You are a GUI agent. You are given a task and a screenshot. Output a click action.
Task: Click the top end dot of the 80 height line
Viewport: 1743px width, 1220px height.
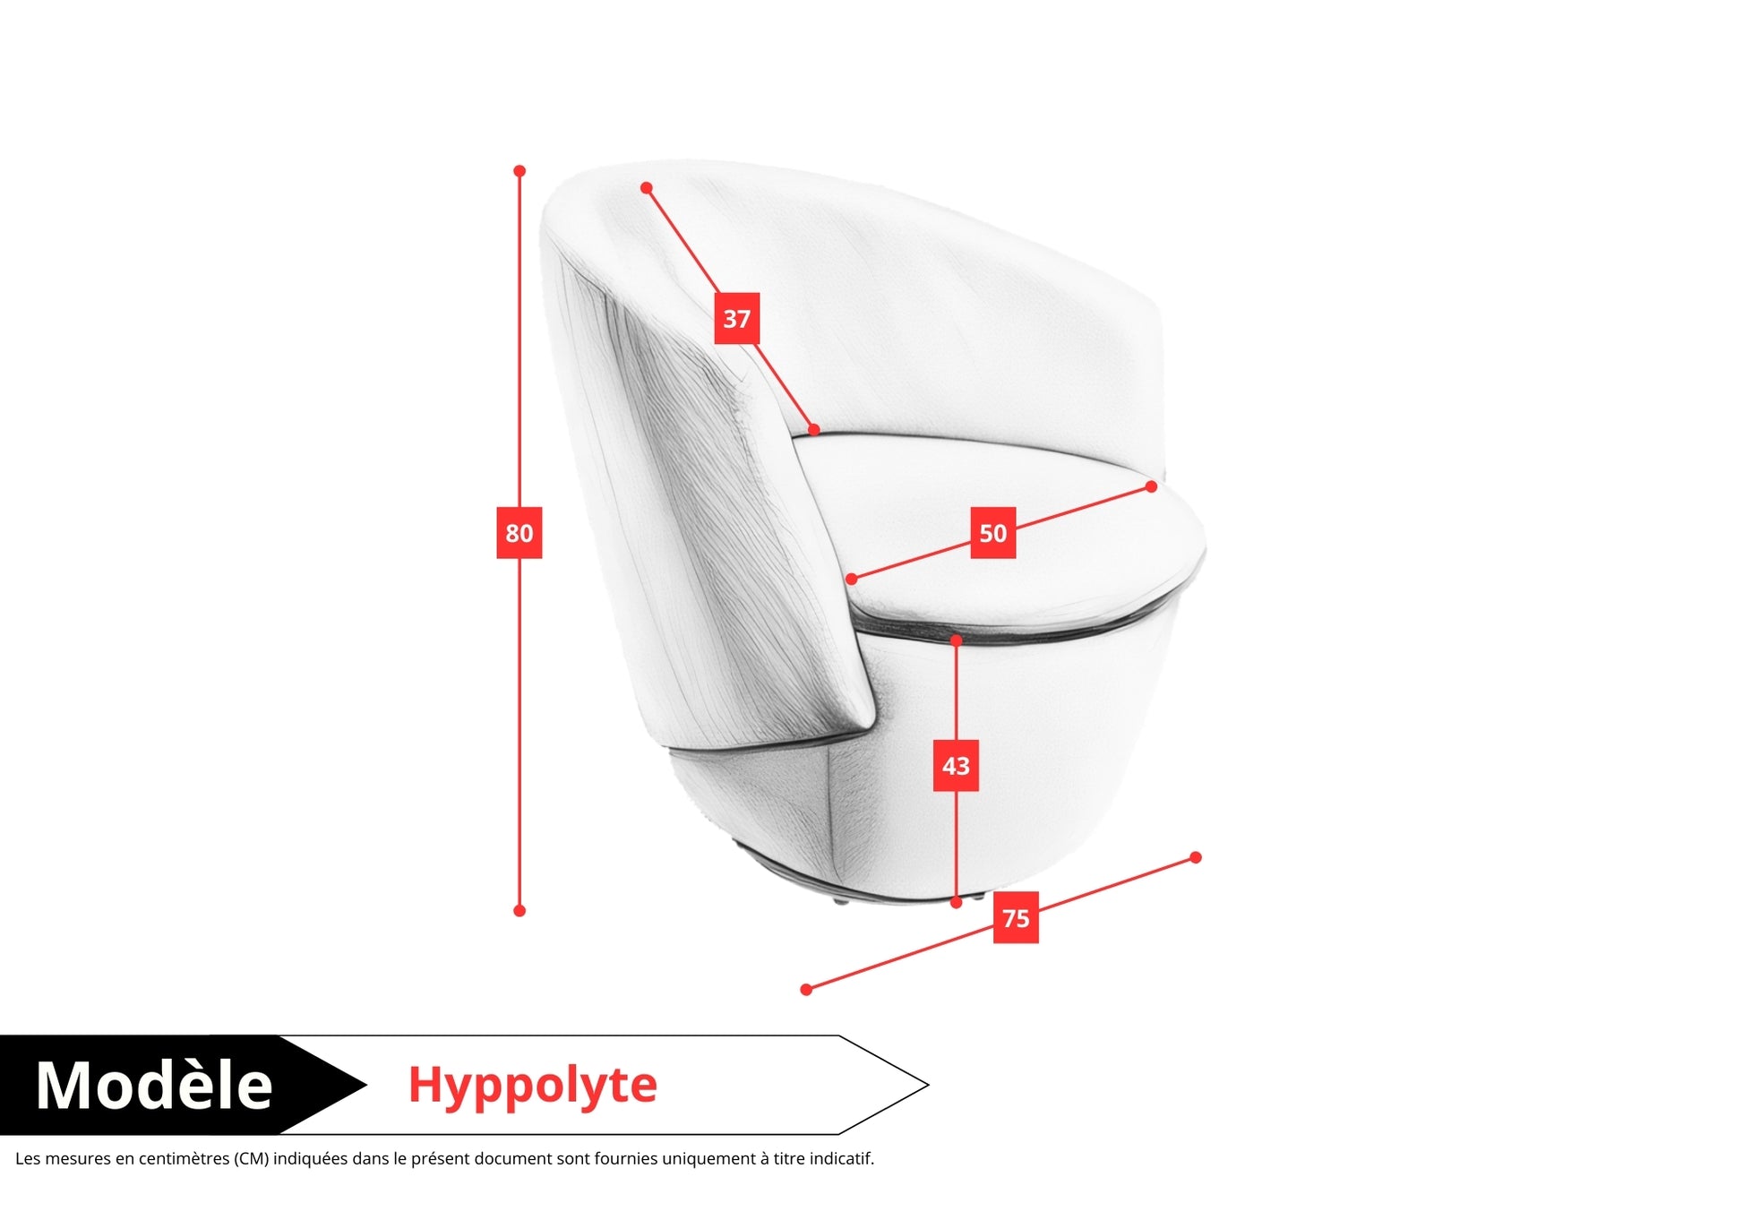pyautogui.click(x=519, y=171)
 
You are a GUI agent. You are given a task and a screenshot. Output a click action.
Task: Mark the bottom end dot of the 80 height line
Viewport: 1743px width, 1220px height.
pyautogui.click(x=519, y=911)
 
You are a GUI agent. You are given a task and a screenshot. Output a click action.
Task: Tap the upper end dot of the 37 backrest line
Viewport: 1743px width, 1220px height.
pyautogui.click(x=647, y=188)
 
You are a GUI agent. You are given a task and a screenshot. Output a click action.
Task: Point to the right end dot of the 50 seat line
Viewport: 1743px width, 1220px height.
pyautogui.click(x=1152, y=486)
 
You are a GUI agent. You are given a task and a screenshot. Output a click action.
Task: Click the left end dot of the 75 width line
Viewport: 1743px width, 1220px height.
pyautogui.click(x=806, y=990)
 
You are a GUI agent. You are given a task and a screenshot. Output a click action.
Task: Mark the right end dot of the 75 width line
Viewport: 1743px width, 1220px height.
pyautogui.click(x=1196, y=857)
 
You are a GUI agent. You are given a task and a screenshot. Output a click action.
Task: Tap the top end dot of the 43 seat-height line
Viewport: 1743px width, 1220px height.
pyautogui.click(x=957, y=640)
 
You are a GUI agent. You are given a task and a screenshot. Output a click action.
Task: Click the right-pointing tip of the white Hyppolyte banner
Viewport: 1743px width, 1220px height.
pyautogui.click(x=929, y=1085)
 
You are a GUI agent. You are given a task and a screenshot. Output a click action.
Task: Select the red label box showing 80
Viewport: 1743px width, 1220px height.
pyautogui.click(x=519, y=533)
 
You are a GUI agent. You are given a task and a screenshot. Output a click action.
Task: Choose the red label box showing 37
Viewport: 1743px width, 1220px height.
pyautogui.click(x=737, y=318)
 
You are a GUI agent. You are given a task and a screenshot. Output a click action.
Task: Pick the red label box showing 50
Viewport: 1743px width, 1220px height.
pyautogui.click(x=993, y=533)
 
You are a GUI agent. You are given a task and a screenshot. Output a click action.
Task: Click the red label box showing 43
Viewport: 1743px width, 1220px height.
pyautogui.click(x=956, y=766)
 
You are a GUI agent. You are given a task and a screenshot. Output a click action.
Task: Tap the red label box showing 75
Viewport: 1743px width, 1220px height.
pyautogui.click(x=1016, y=918)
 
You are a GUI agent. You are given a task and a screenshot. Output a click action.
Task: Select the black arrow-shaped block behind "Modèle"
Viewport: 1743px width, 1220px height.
pyautogui.click(x=183, y=1085)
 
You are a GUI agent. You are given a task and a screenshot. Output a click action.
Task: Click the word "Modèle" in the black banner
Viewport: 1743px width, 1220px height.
pyautogui.click(x=154, y=1085)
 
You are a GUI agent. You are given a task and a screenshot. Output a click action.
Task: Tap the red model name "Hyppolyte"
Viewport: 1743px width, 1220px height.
pyautogui.click(x=533, y=1087)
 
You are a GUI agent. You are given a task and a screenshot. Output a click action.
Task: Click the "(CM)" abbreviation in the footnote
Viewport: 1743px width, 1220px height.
pyautogui.click(x=252, y=1159)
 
